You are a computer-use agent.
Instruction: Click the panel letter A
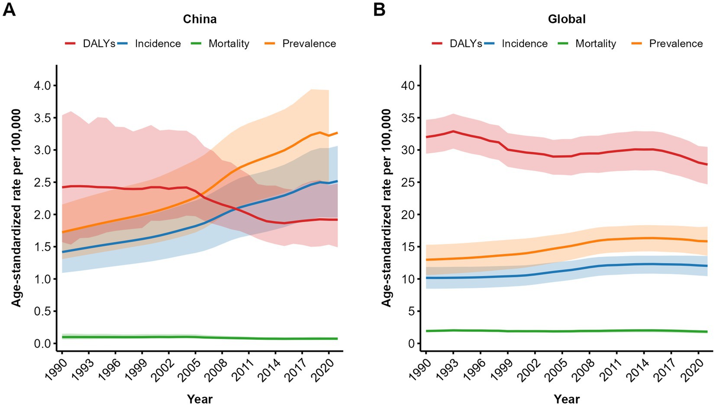tap(9, 10)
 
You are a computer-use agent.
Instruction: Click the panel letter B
tap(379, 10)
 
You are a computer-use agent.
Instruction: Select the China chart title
tap(200, 19)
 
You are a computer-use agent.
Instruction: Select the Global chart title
tap(566, 19)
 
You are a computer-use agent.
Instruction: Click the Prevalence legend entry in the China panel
tap(309, 44)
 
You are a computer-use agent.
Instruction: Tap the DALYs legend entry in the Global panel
tap(465, 44)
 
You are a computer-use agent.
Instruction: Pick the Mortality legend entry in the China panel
tap(229, 44)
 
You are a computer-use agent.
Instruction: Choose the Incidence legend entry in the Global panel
tap(524, 44)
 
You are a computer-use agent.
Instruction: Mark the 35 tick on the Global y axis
tap(407, 118)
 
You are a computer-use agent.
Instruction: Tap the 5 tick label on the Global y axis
tap(412, 311)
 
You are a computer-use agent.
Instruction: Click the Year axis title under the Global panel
tap(566, 398)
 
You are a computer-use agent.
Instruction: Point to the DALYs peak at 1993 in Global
tap(453, 131)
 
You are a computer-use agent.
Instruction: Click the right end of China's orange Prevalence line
tap(337, 133)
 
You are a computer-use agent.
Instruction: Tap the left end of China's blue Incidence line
tap(62, 252)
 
